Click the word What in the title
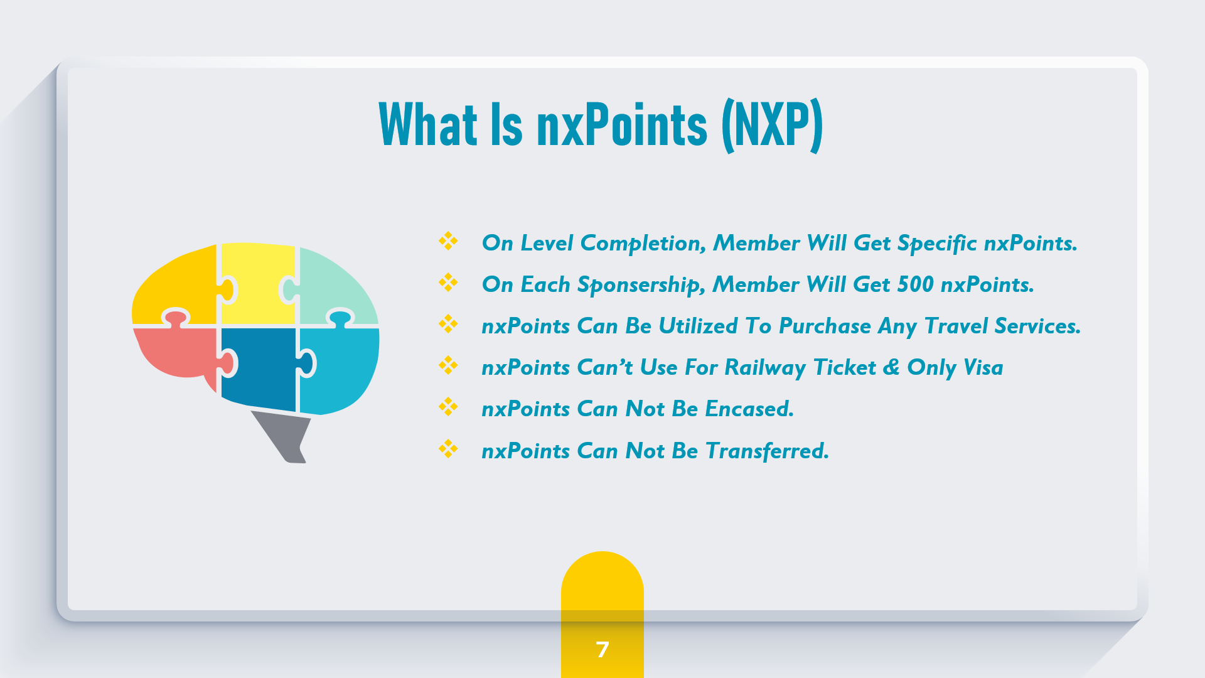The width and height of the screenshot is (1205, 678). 429,124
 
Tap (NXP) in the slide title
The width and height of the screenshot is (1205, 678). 772,125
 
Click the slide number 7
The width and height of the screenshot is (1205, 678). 602,649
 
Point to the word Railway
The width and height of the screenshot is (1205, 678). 765,369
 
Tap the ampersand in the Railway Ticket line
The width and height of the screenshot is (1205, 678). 891,367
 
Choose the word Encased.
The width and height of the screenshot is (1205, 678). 749,409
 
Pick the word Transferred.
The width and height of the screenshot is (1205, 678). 767,451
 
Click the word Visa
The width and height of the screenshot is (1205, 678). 983,367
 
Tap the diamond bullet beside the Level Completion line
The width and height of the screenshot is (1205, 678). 448,241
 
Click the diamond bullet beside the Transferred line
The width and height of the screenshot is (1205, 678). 448,449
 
